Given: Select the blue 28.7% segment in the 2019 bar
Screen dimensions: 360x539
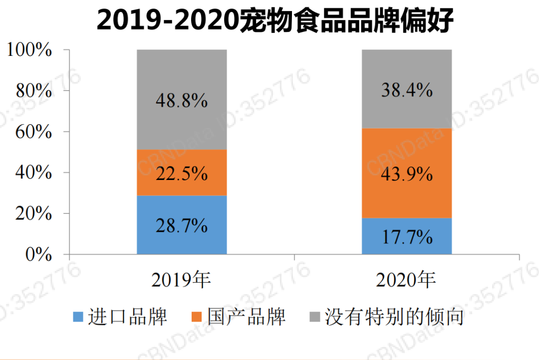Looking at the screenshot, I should pyautogui.click(x=182, y=225).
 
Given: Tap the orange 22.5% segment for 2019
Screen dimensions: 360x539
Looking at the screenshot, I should pyautogui.click(x=182, y=173).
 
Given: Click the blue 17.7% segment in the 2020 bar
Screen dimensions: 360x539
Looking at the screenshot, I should pyautogui.click(x=406, y=236).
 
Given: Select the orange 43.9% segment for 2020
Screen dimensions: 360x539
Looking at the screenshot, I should pyautogui.click(x=406, y=174).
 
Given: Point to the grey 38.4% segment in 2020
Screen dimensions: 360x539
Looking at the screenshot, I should pyautogui.click(x=406, y=89).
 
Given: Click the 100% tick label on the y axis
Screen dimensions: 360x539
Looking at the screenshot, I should pyautogui.click(x=29, y=50).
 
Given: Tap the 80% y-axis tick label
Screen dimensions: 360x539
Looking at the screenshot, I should pyautogui.click(x=34, y=91).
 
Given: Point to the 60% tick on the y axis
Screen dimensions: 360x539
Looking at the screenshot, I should pyautogui.click(x=34, y=132).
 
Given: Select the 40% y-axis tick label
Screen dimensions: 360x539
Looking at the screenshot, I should pyautogui.click(x=34, y=173).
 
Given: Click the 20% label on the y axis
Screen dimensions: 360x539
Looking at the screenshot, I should pyautogui.click(x=34, y=214).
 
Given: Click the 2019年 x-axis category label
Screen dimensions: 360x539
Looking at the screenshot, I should pyautogui.click(x=182, y=281).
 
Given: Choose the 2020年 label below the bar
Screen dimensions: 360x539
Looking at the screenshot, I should pyautogui.click(x=406, y=281).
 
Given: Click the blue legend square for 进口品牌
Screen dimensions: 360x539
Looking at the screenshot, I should pyautogui.click(x=78, y=317).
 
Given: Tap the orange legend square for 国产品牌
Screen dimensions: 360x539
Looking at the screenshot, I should pyautogui.click(x=198, y=317).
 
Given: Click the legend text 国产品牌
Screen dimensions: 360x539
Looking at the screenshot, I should pyautogui.click(x=247, y=317).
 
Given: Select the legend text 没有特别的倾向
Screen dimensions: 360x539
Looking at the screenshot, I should pyautogui.click(x=394, y=317).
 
